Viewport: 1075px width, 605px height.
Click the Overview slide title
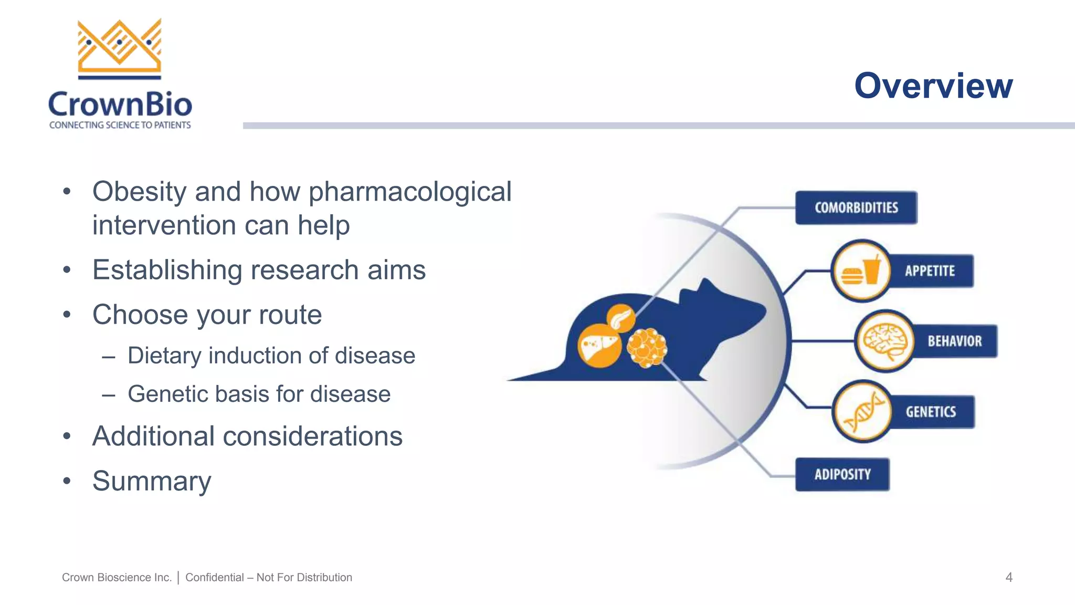pyautogui.click(x=933, y=86)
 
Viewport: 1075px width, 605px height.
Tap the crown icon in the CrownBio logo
pyautogui.click(x=120, y=47)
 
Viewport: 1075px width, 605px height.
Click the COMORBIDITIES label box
pyautogui.click(x=856, y=208)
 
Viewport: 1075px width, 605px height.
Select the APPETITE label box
pyautogui.click(x=930, y=271)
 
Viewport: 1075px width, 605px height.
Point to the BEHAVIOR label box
pyautogui.click(x=954, y=341)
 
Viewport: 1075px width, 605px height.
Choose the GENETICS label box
pyautogui.click(x=931, y=412)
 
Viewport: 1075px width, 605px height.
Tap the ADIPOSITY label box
pyautogui.click(x=842, y=475)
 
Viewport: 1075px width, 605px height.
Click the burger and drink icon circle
pyautogui.click(x=861, y=271)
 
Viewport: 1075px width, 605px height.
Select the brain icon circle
pyautogui.click(x=886, y=341)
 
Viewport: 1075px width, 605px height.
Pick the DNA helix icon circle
pyautogui.click(x=862, y=412)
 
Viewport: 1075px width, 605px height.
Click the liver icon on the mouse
pyautogui.click(x=599, y=345)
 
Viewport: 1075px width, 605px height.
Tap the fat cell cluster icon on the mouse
pyautogui.click(x=647, y=348)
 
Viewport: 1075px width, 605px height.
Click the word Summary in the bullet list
pyautogui.click(x=152, y=481)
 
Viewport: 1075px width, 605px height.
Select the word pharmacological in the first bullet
pyautogui.click(x=409, y=192)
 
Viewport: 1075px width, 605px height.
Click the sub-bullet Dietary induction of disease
pyautogui.click(x=271, y=356)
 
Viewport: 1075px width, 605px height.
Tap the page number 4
pyautogui.click(x=1008, y=578)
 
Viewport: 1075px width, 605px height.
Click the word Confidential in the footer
pyautogui.click(x=214, y=578)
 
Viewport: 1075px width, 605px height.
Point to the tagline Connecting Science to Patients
pyautogui.click(x=120, y=125)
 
